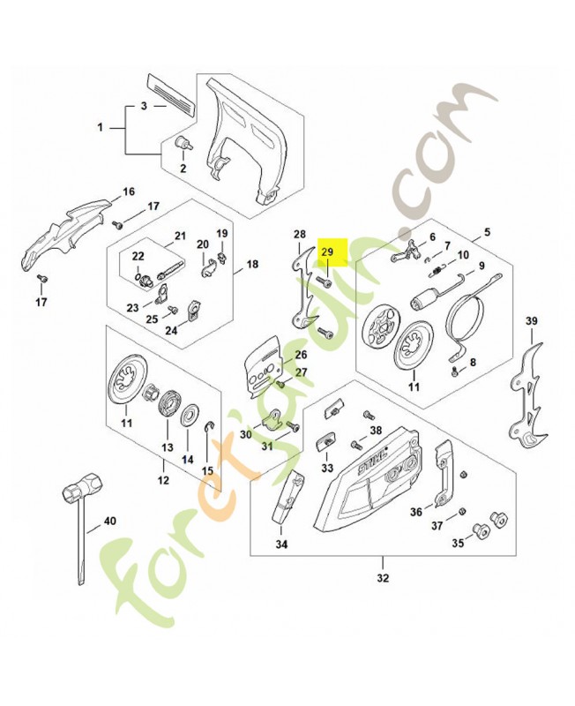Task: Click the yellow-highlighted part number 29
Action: pyautogui.click(x=327, y=252)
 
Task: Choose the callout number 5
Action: pyautogui.click(x=486, y=234)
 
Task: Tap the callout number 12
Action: pyautogui.click(x=162, y=480)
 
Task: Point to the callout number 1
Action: pyautogui.click(x=101, y=127)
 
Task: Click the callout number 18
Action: pyautogui.click(x=251, y=264)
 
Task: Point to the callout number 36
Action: pyautogui.click(x=415, y=512)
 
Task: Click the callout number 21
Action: pyautogui.click(x=181, y=236)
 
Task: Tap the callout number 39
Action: pyautogui.click(x=531, y=320)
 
